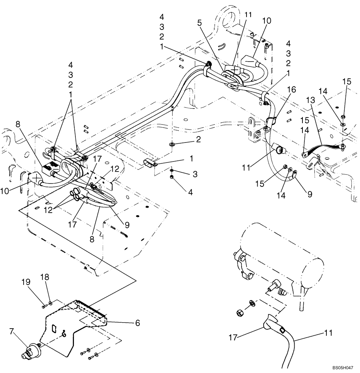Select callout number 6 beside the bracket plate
[137, 323]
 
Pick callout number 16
[291, 90]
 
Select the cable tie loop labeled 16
[271, 120]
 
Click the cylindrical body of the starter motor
[280, 254]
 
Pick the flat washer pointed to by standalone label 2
[172, 144]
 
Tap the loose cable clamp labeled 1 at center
[150, 163]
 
